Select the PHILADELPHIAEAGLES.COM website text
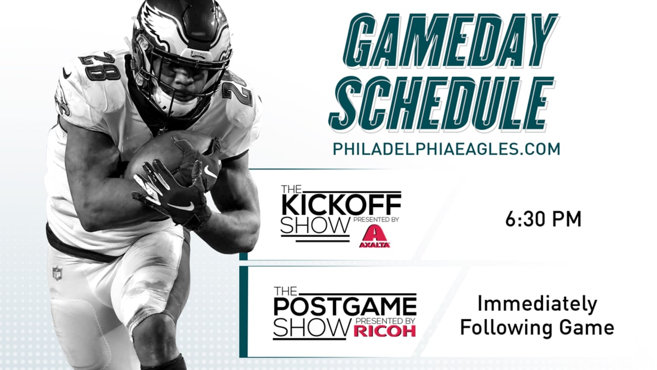pos(447,149)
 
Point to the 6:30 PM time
pos(543,219)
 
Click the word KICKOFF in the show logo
pos(341,205)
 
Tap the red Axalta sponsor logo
pos(375,236)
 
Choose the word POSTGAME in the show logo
pos(345,307)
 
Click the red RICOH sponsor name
pos(385,330)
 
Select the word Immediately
pos(537,305)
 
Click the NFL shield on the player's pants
pos(57,273)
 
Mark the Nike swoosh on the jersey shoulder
pos(67,73)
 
